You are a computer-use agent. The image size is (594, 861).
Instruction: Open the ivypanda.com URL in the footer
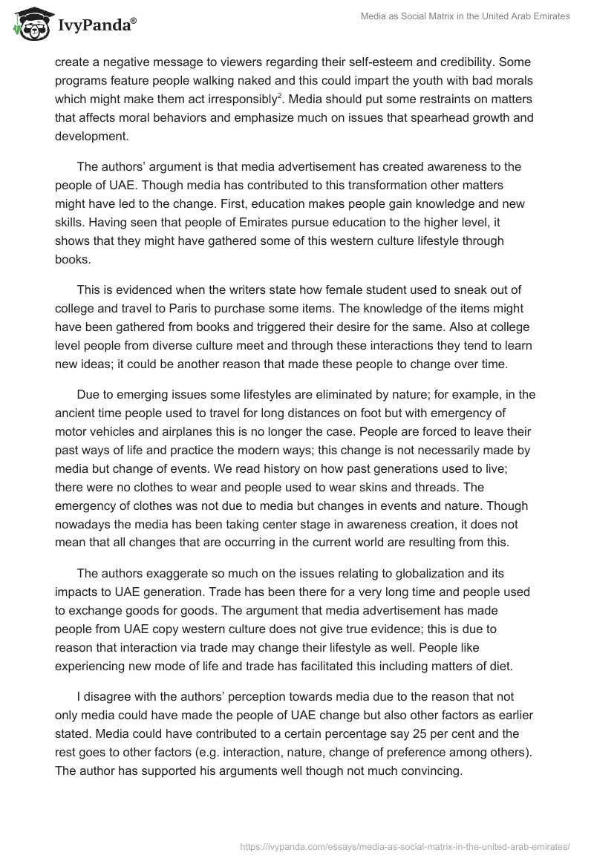[x=405, y=845]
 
